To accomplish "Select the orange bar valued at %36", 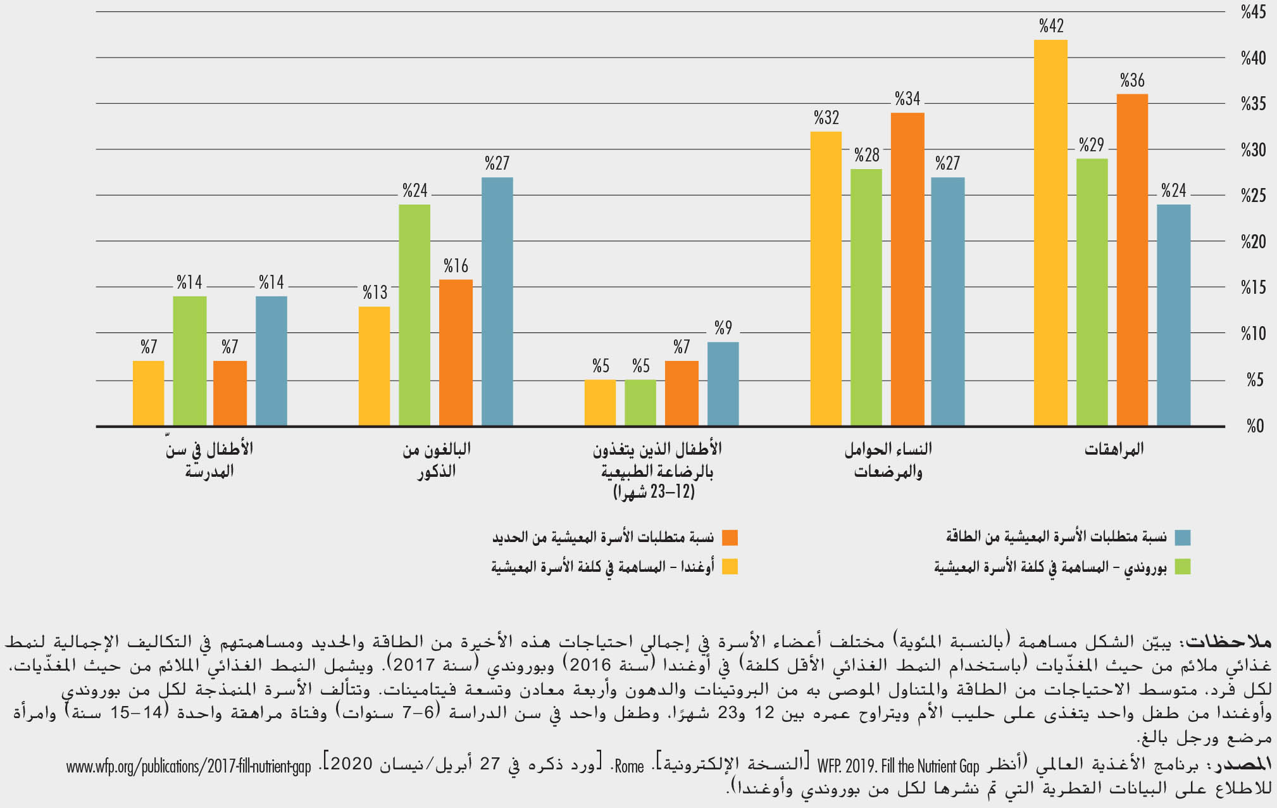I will click(1132, 260).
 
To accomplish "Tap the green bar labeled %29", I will click(1092, 292).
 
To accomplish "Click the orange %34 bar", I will click(907, 269).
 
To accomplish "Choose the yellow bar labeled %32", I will click(826, 279).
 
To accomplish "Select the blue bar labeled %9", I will click(723, 384).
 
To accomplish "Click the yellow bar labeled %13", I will click(374, 366).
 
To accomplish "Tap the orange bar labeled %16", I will click(456, 352).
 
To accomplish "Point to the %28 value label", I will click(866, 155).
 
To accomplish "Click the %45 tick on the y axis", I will click(1253, 12).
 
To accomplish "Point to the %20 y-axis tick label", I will click(1253, 242).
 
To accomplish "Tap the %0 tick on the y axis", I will click(1255, 426).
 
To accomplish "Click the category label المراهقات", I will click(1114, 450).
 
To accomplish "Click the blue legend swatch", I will click(1182, 538).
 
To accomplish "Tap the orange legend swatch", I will click(730, 538).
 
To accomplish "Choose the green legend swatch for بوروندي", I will click(1182, 567).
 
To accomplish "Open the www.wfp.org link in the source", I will click(189, 767).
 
